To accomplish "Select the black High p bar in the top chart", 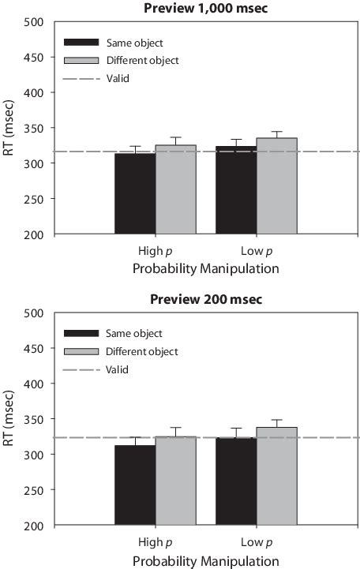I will [x=134, y=193].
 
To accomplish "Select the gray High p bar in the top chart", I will [x=175, y=189].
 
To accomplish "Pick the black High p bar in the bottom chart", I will [x=134, y=485].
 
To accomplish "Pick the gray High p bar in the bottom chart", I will [x=175, y=480].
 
